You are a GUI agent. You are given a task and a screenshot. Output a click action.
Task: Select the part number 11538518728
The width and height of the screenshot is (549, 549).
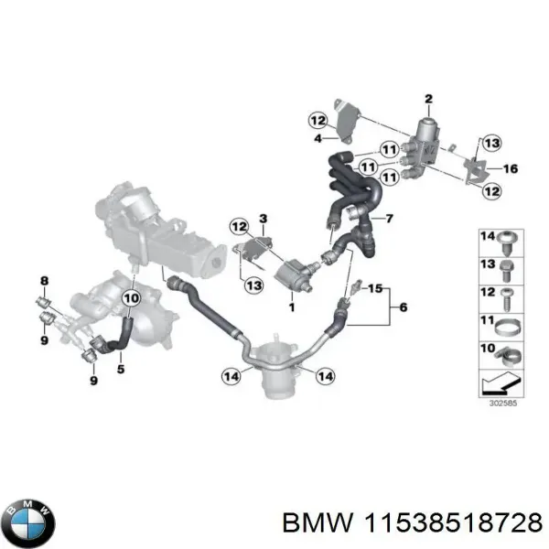(467, 522)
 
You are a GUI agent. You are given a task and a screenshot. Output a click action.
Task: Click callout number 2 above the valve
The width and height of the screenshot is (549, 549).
(427, 98)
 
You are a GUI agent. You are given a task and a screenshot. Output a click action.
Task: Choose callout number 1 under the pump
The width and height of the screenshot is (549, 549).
(292, 308)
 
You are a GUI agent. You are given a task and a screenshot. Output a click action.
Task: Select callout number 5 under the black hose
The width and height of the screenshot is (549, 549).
(122, 370)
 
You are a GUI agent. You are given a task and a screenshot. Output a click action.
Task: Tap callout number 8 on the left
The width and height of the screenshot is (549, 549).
(43, 280)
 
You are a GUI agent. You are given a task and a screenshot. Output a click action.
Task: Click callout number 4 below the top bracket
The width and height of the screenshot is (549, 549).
(318, 139)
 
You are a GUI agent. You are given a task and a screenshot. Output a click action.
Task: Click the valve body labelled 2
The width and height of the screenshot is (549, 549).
(427, 137)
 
